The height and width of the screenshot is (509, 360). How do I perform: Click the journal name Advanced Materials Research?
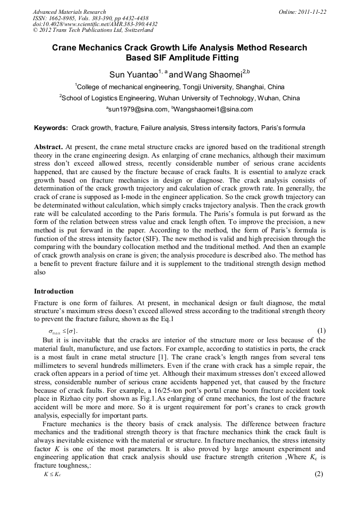click(x=69, y=12)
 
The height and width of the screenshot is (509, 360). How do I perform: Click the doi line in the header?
click(x=95, y=24)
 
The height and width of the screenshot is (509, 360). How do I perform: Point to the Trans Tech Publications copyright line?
click(x=93, y=31)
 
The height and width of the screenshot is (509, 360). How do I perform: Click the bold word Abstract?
click(x=48, y=146)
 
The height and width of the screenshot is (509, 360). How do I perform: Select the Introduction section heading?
click(x=54, y=291)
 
